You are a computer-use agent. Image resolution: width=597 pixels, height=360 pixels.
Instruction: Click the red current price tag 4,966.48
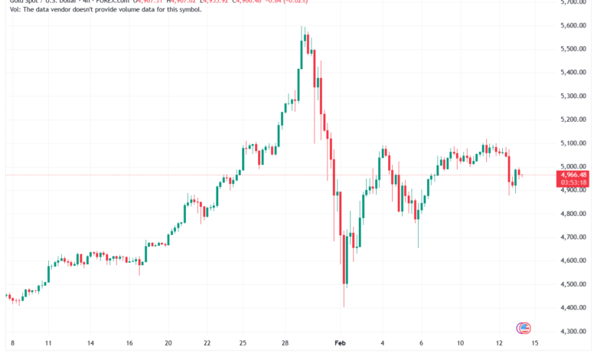tap(574, 175)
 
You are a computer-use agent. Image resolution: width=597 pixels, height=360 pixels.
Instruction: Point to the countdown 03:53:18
tap(574, 182)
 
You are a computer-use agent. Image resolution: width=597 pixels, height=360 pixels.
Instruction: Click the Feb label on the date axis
tap(341, 345)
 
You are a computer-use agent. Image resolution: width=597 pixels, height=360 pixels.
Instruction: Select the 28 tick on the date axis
tap(282, 345)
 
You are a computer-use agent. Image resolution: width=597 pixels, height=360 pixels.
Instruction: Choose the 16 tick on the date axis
tap(129, 345)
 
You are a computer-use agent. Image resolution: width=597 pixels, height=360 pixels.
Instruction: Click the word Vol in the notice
tap(9, 10)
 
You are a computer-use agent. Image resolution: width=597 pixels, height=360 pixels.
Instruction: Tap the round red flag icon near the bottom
tap(524, 328)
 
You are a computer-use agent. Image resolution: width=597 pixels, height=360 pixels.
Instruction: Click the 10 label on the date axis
tap(461, 345)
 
